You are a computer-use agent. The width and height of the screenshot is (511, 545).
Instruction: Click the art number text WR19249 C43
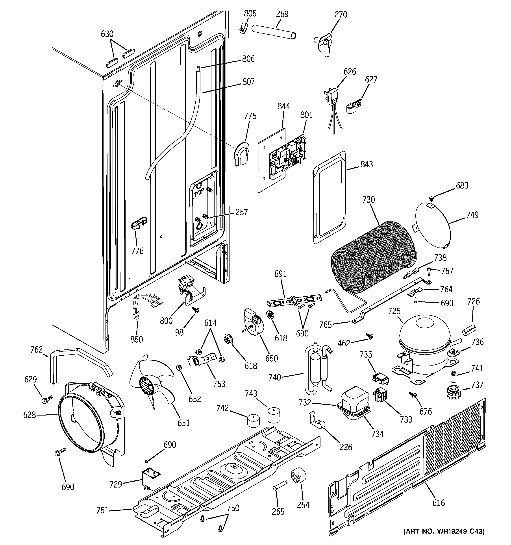click(x=444, y=539)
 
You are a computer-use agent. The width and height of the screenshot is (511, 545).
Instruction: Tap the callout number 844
click(x=284, y=106)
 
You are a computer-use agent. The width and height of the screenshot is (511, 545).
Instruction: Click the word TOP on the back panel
click(x=199, y=193)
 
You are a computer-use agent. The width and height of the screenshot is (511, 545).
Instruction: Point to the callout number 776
click(x=137, y=251)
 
